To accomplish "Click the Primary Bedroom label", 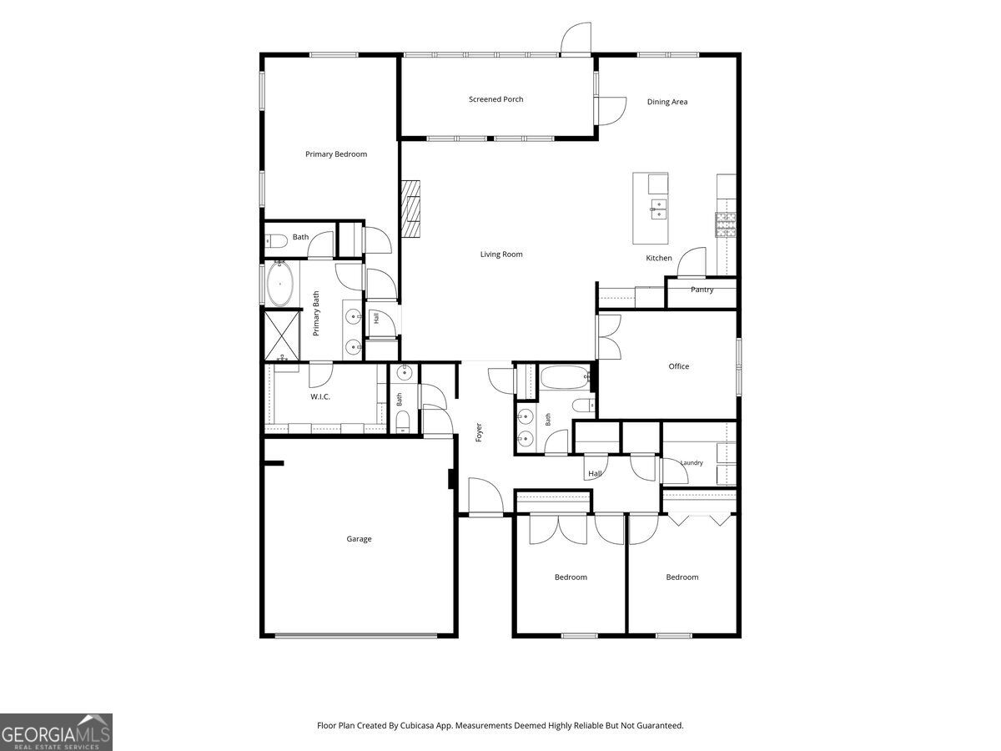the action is pyautogui.click(x=336, y=154).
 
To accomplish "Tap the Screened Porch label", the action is pyautogui.click(x=495, y=99).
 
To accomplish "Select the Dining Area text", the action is pyautogui.click(x=667, y=102).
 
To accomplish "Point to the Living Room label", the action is pyautogui.click(x=501, y=254).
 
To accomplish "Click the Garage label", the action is pyautogui.click(x=359, y=538).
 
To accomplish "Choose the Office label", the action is pyautogui.click(x=678, y=366).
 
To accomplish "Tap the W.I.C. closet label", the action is pyautogui.click(x=320, y=396).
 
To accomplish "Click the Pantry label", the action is pyautogui.click(x=702, y=290).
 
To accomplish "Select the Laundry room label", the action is pyautogui.click(x=692, y=463).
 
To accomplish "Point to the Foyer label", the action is pyautogui.click(x=479, y=432).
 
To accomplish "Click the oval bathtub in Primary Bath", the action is pyautogui.click(x=279, y=283).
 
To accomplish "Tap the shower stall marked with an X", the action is pyautogui.click(x=282, y=336).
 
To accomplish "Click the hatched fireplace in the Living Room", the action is pyautogui.click(x=410, y=209).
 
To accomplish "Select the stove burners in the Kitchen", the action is pyautogui.click(x=726, y=225).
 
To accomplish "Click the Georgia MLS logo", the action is pyautogui.click(x=56, y=732).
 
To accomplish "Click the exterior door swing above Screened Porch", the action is pyautogui.click(x=576, y=38).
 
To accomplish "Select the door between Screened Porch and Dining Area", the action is pyautogui.click(x=612, y=111).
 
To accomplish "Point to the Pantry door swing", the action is pyautogui.click(x=692, y=262).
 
